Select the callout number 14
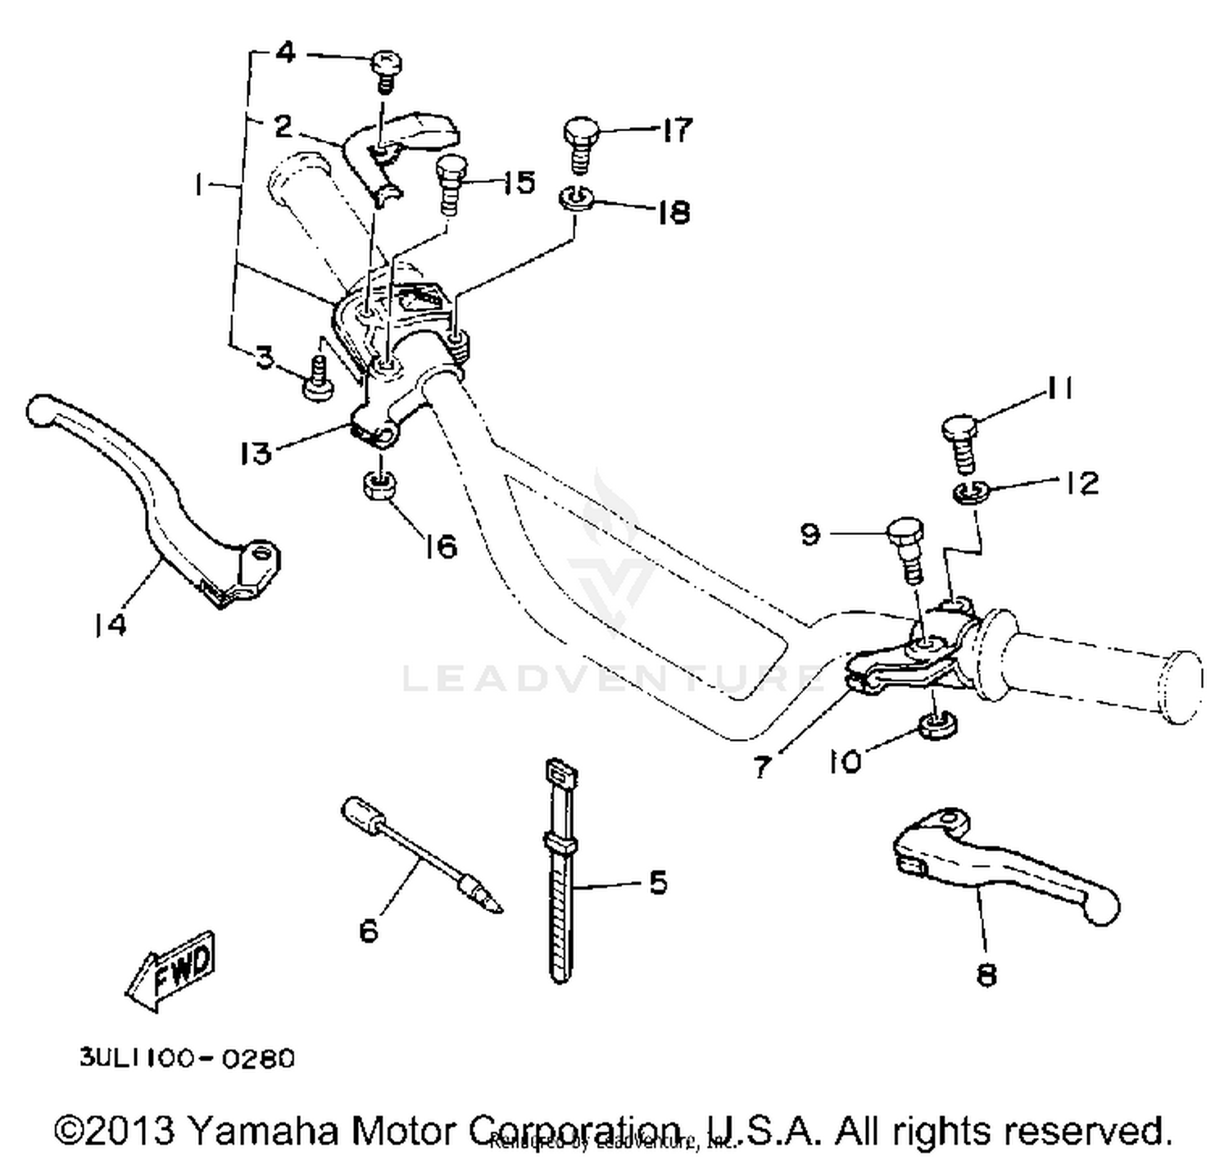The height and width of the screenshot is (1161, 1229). point(110,625)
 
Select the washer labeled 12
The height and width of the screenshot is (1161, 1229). point(971,492)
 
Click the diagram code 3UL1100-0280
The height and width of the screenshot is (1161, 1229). point(187,1058)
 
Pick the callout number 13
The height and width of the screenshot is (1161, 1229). point(256,452)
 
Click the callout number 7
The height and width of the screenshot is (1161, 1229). point(762,768)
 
